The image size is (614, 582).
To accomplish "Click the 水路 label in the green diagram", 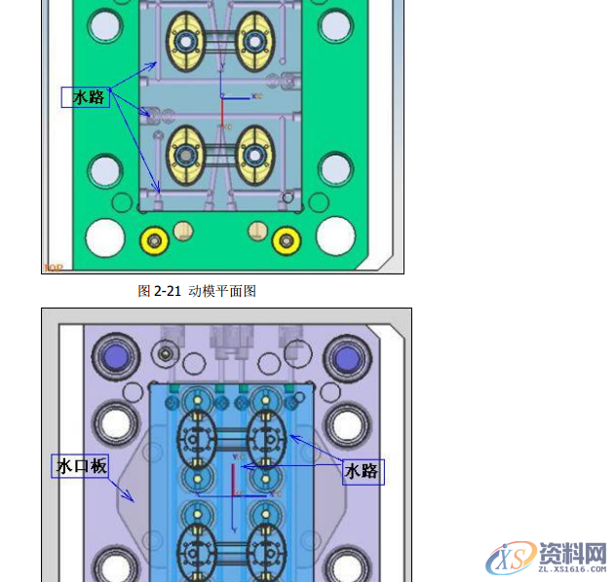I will pos(87,97).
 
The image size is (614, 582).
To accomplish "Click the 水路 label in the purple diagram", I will pos(362,471).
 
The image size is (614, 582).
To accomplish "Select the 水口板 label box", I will pos(81,466).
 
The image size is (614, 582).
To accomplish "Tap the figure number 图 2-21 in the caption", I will pos(160,291).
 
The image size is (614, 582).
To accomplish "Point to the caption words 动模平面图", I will pos(222,291).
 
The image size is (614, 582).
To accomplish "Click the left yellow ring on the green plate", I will pos(153,238).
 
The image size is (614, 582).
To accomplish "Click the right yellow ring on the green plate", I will pos(286,238).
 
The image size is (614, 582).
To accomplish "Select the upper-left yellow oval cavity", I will pos(188,41).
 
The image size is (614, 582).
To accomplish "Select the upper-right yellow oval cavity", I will pos(255,41).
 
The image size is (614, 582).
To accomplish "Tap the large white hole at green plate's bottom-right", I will pos(335,235).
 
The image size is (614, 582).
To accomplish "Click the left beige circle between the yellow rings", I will pos(182,231).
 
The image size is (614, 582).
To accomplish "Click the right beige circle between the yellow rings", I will pos(257,231).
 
